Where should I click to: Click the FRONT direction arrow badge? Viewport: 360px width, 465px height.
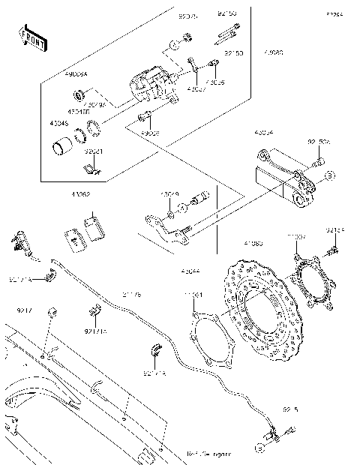coord(29,38)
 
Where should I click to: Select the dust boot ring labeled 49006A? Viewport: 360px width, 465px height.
coord(78,94)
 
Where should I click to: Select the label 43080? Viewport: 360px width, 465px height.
coord(274,54)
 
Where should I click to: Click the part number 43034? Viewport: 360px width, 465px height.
coord(264,133)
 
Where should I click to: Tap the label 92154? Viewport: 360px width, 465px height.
coord(335,231)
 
